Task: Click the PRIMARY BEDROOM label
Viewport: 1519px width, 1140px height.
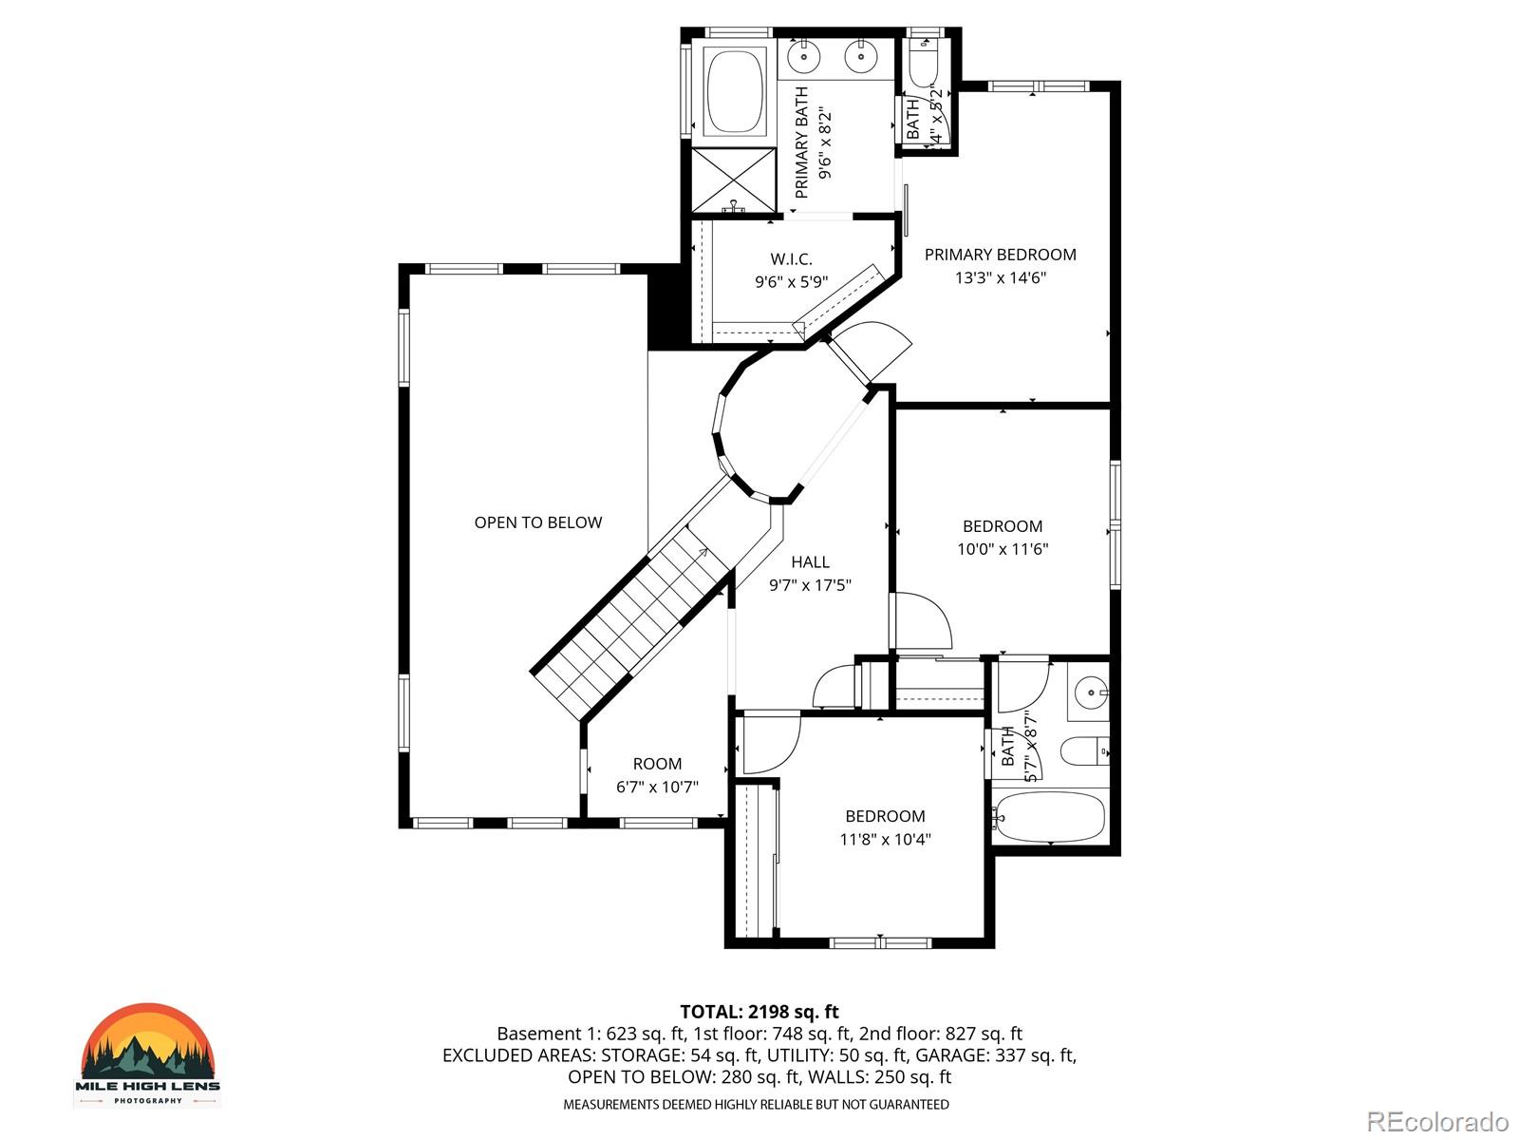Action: click(x=1000, y=255)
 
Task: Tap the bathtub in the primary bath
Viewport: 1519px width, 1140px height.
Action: click(x=735, y=91)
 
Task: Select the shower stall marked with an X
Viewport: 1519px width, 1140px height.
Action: click(x=733, y=180)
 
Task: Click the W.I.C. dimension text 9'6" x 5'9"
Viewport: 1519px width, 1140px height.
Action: click(x=791, y=282)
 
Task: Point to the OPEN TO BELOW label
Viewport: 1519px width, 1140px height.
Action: click(x=537, y=522)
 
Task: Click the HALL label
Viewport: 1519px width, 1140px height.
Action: click(x=810, y=562)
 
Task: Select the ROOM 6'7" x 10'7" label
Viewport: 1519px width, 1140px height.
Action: click(x=657, y=775)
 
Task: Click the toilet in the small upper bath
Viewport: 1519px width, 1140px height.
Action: click(x=923, y=63)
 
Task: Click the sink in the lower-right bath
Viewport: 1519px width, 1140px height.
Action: click(x=1091, y=690)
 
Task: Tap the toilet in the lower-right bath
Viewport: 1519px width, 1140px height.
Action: click(x=1083, y=751)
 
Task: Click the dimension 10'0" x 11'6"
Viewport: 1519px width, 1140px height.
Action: click(x=1003, y=549)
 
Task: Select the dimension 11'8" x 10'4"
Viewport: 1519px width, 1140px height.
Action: click(x=885, y=840)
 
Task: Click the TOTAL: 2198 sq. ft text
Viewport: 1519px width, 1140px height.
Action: click(x=759, y=1012)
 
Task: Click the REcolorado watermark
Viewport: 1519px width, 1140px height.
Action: click(x=1437, y=1121)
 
